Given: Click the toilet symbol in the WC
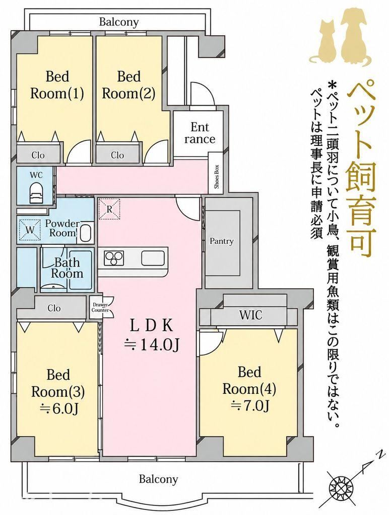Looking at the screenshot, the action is pos(36,193).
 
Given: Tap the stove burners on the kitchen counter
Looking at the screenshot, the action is pos(114,257).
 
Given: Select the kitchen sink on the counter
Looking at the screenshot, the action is pos(153,257).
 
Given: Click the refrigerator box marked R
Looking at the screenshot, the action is pos(110,209).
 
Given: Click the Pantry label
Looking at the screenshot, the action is pos(222,241).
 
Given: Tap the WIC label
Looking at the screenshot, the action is pos(251,315).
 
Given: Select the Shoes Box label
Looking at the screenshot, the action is pos(217,177).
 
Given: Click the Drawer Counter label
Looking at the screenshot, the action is pos(100,307).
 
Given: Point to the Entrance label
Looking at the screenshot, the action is pos(200,133).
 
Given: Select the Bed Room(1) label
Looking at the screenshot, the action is pos(57,85).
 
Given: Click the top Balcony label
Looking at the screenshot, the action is pos(119,22).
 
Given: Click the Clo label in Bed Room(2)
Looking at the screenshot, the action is pos(117,155).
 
